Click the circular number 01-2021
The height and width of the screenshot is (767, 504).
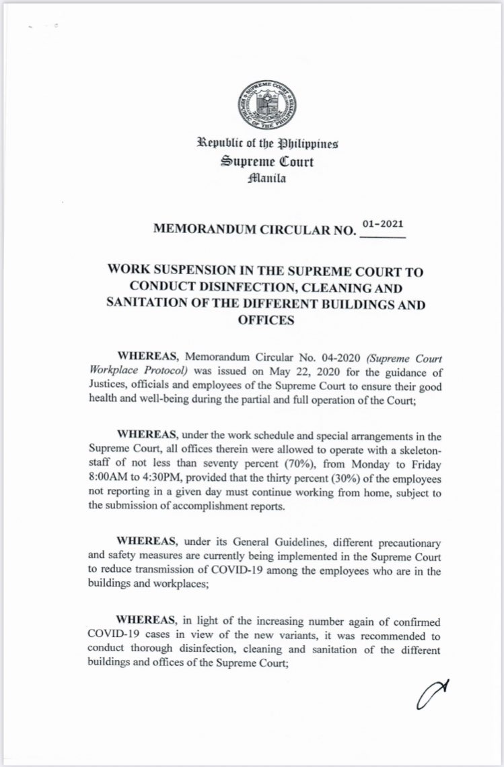click(383, 226)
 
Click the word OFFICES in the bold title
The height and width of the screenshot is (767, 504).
click(266, 320)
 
